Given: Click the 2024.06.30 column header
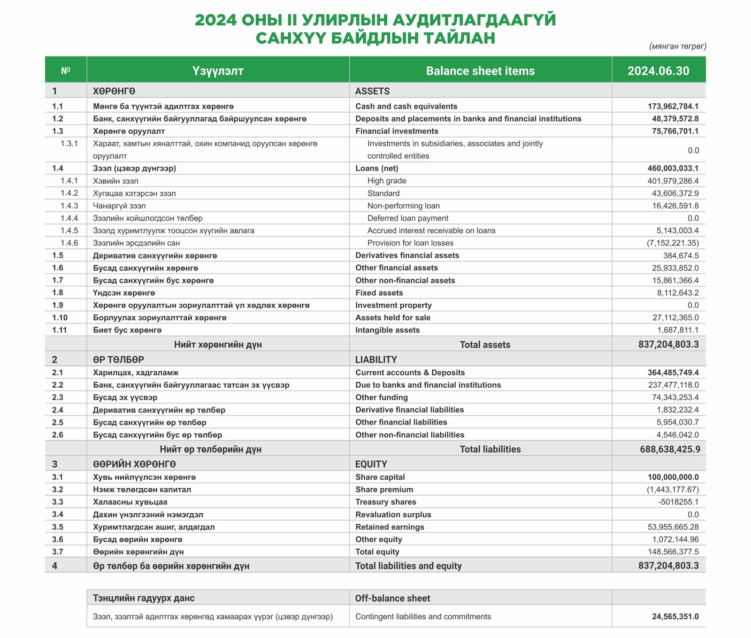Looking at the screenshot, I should [x=658, y=71].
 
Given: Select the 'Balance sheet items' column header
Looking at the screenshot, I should [x=480, y=71].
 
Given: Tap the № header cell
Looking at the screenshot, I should [x=66, y=71].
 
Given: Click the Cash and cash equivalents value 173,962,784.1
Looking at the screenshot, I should [x=673, y=107].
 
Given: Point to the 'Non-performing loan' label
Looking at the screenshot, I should [x=403, y=206].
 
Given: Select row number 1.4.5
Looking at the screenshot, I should [x=69, y=231].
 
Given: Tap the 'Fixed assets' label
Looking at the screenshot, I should [x=379, y=293].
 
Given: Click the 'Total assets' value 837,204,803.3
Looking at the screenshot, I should [x=668, y=345].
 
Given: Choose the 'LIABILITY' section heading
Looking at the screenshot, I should [x=375, y=360].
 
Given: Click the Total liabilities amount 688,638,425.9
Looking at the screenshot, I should [x=670, y=449].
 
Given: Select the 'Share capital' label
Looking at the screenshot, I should [x=380, y=477].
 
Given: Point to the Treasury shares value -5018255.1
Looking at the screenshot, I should [x=678, y=502].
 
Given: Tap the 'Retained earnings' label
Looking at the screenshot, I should [x=390, y=527].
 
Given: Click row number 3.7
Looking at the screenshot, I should [x=58, y=552].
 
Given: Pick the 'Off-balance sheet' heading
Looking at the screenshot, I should [x=392, y=598].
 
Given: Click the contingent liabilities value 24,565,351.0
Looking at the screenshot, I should [x=675, y=616].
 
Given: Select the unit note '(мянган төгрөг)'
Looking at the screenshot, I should [x=677, y=46].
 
